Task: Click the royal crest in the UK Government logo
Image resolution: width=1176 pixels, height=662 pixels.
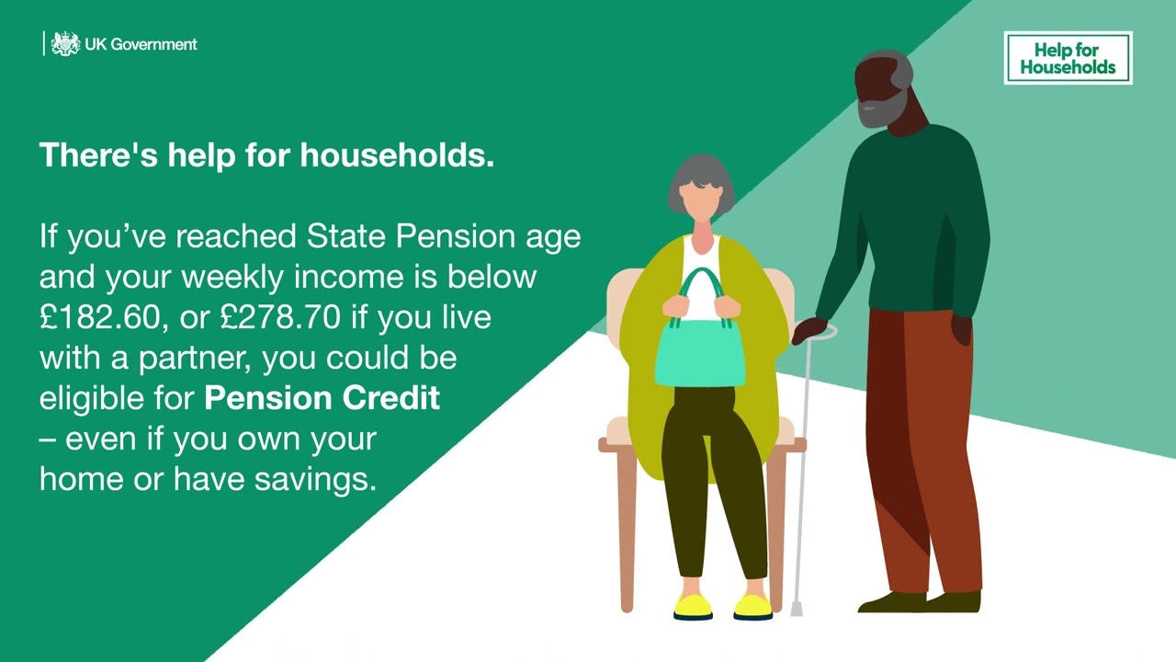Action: pos(65,43)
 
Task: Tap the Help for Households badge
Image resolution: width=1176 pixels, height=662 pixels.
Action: pos(1068,58)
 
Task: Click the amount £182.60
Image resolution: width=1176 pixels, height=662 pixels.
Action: pos(100,317)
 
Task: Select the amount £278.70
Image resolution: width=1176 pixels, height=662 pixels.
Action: pos(280,317)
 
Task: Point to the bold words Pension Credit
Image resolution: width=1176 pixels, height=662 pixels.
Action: pos(322,398)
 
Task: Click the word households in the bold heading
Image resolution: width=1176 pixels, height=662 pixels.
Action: pos(397,155)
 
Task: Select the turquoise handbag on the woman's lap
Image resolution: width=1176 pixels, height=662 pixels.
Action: pos(700,353)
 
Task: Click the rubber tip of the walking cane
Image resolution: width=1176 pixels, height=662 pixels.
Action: pos(797,610)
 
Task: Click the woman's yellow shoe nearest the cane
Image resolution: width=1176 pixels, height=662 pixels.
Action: pos(752,607)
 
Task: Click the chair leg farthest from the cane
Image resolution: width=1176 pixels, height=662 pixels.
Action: pos(627,531)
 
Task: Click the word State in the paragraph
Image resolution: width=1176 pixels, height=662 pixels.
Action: pos(346,236)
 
